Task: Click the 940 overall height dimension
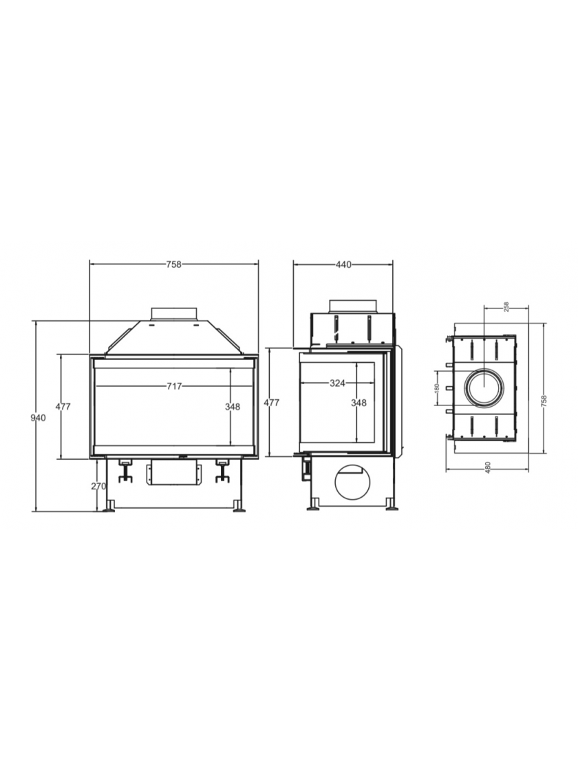tap(38, 418)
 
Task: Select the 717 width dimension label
tap(174, 386)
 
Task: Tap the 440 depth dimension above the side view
tap(343, 264)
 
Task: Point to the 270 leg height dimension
tap(99, 486)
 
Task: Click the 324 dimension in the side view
tap(337, 383)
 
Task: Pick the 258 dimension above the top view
tap(506, 307)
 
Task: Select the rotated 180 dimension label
tap(437, 388)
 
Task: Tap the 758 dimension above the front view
tap(173, 264)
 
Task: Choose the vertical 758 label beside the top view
tap(544, 401)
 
